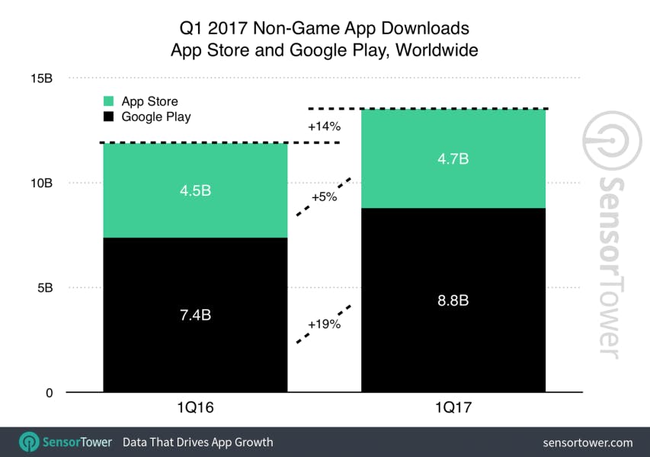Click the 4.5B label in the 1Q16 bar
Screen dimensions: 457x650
194,190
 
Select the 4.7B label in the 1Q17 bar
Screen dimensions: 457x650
453,159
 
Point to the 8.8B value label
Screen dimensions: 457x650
453,300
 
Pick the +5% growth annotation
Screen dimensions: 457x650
324,197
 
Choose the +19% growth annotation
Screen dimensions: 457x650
324,324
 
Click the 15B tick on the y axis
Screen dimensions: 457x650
41,78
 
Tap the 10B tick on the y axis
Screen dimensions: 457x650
41,184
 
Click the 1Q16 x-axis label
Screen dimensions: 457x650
194,410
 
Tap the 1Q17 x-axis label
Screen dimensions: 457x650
453,410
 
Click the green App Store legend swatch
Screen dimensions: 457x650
109,101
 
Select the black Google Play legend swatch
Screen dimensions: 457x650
109,117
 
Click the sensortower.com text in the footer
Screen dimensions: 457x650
588,443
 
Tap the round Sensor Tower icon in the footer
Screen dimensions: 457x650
29,442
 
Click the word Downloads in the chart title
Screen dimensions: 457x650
427,29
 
